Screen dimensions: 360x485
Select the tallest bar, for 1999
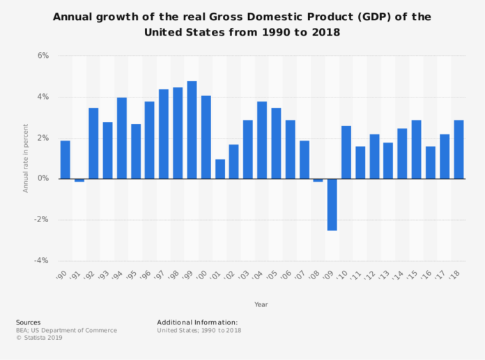coord(192,130)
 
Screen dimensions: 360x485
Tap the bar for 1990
coord(65,159)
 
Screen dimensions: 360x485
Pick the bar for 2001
coord(220,169)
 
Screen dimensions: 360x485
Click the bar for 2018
coord(459,150)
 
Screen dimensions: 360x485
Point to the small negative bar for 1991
coord(79,180)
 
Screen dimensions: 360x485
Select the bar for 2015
coord(416,150)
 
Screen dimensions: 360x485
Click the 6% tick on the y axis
coord(43,56)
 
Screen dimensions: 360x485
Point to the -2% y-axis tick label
coord(41,220)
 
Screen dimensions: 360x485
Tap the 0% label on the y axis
coord(43,179)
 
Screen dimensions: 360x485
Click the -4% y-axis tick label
coord(41,261)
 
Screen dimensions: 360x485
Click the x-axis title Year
coord(261,304)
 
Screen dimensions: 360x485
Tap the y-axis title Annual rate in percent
coord(26,159)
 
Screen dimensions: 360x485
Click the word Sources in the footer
coord(28,322)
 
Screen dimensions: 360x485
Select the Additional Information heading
coord(197,322)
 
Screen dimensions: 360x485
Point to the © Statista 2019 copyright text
coord(40,338)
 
